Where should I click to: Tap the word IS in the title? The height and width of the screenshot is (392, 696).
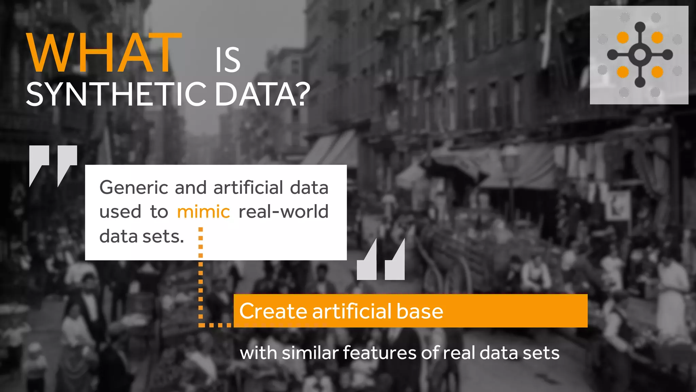(x=228, y=60)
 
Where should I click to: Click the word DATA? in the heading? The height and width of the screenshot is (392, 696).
(x=262, y=94)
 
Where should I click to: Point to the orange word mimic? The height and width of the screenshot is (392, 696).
(x=203, y=212)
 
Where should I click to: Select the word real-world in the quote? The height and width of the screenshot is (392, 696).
(x=283, y=212)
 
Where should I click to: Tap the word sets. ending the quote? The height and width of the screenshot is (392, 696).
(x=163, y=236)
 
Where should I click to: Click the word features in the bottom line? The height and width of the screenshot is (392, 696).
(x=379, y=353)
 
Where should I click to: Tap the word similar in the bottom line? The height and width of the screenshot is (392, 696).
(x=310, y=353)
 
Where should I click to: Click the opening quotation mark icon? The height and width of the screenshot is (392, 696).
(x=53, y=166)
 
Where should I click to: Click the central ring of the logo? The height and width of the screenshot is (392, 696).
(x=640, y=54)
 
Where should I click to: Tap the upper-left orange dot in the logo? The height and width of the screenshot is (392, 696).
(x=623, y=37)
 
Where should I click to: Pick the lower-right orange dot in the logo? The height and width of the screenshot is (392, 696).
(x=657, y=72)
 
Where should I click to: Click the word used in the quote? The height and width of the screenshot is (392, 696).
(x=120, y=212)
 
